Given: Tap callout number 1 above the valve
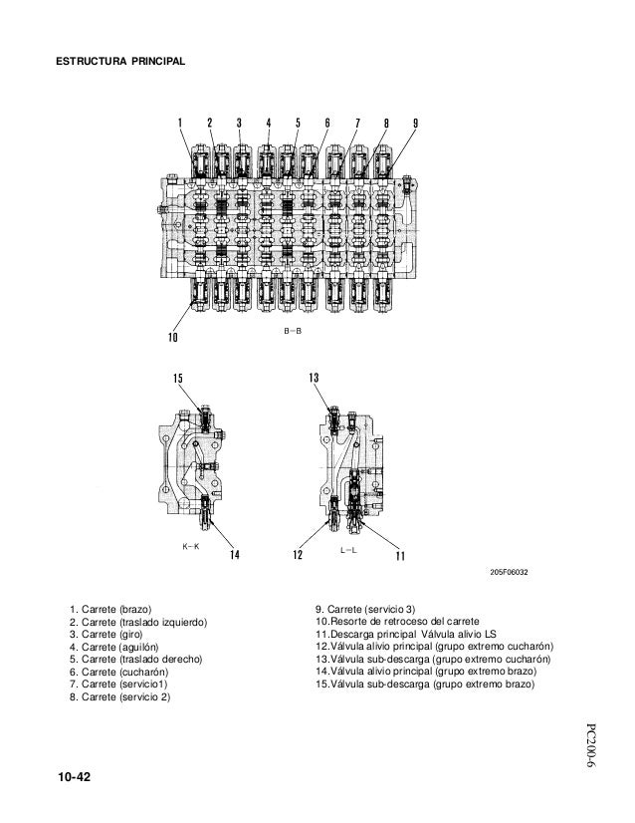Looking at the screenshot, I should point(180,124).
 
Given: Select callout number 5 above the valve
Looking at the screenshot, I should point(298,124).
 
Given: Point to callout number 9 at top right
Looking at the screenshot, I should point(415,124).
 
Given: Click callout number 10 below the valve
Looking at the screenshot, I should point(171,337).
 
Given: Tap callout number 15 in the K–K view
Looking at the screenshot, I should point(178,379).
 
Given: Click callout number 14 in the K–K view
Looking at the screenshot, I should point(235,554).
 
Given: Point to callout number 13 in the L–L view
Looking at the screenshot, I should point(314,379).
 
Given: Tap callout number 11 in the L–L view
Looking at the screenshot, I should point(400,554).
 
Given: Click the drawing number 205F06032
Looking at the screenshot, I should point(509,573).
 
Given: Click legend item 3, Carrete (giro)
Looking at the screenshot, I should point(106,634).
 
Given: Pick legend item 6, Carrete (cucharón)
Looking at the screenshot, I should point(115,673).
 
